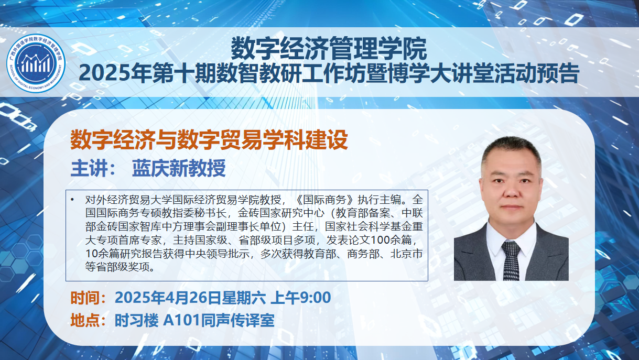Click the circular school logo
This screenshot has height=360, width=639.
click(36, 63)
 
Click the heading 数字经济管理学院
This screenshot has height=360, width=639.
click(329, 49)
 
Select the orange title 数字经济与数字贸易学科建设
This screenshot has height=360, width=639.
click(209, 139)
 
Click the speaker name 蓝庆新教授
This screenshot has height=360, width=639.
click(179, 168)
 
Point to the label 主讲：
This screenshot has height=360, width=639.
click(93, 168)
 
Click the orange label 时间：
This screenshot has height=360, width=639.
click(89, 298)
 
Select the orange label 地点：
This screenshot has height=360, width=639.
click(89, 320)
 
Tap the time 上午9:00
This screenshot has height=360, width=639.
click(301, 298)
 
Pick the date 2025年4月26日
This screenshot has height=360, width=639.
click(168, 298)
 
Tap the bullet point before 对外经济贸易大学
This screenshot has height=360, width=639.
click(72, 200)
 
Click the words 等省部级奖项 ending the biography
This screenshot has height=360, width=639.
click(117, 267)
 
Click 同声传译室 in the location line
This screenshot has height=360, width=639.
click(237, 320)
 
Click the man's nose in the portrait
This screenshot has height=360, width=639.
click(511, 191)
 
